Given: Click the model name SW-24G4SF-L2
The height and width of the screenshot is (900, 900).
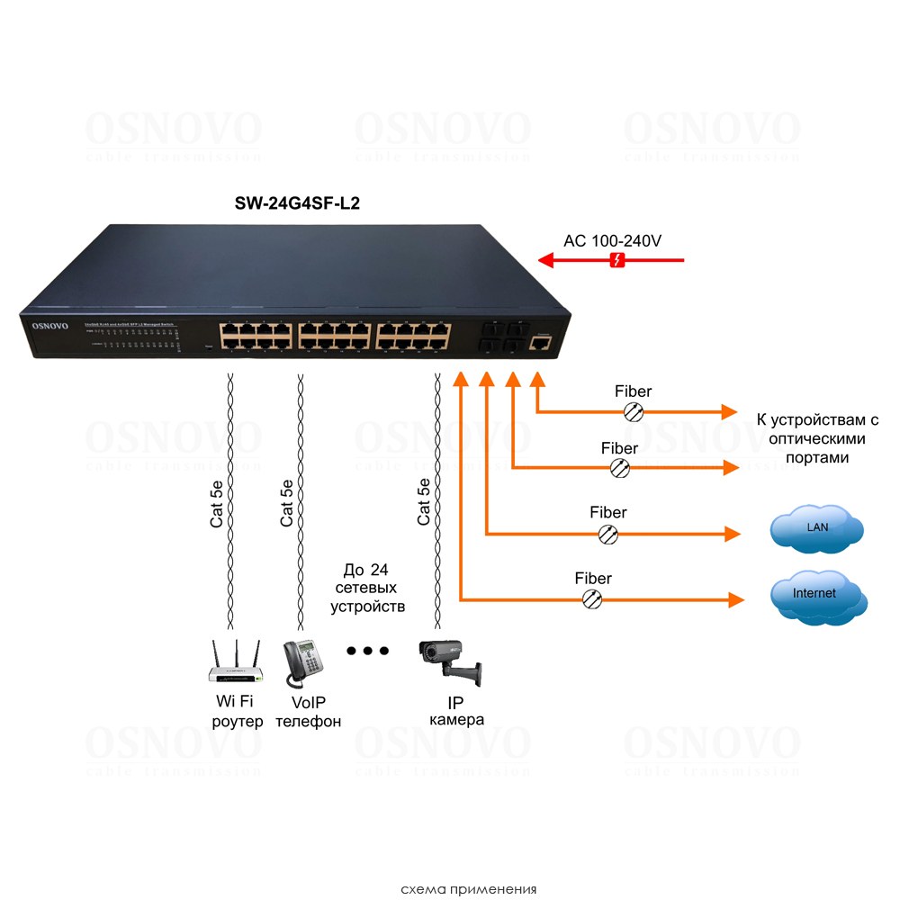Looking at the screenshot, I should pyautogui.click(x=298, y=205).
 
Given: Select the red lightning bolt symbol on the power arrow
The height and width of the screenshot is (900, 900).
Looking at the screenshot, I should pyautogui.click(x=617, y=261).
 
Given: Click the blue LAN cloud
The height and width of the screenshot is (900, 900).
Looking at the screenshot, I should pyautogui.click(x=816, y=529).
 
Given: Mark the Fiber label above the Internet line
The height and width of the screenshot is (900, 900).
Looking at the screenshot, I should pyautogui.click(x=593, y=579).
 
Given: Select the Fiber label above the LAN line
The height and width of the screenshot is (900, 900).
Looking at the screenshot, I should pyautogui.click(x=608, y=512).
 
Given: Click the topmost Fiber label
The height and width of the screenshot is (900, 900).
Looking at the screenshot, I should pyautogui.click(x=633, y=391).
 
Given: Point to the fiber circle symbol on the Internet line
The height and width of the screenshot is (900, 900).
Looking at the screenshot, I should pyautogui.click(x=593, y=598).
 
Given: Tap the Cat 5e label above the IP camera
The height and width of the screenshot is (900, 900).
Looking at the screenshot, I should pyautogui.click(x=424, y=502).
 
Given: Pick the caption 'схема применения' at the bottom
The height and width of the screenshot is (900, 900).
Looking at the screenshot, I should pyautogui.click(x=469, y=889).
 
